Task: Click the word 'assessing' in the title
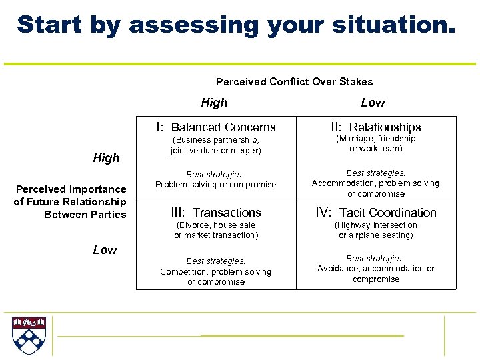pyautogui.click(x=194, y=25)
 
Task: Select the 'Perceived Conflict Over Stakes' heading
pyautogui.click(x=294, y=81)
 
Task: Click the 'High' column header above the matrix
pyautogui.click(x=214, y=103)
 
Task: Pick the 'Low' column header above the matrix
pyautogui.click(x=373, y=103)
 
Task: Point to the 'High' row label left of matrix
pyautogui.click(x=106, y=158)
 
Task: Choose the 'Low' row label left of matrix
pyautogui.click(x=105, y=250)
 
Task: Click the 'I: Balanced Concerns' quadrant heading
pyautogui.click(x=215, y=127)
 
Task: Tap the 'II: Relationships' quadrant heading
pyautogui.click(x=376, y=127)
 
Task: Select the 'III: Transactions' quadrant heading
pyautogui.click(x=215, y=213)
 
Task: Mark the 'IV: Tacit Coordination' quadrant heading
pyautogui.click(x=376, y=213)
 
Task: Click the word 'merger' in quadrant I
pyautogui.click(x=245, y=151)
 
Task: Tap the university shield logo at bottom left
pyautogui.click(x=28, y=335)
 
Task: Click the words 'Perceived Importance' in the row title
pyautogui.click(x=71, y=189)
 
